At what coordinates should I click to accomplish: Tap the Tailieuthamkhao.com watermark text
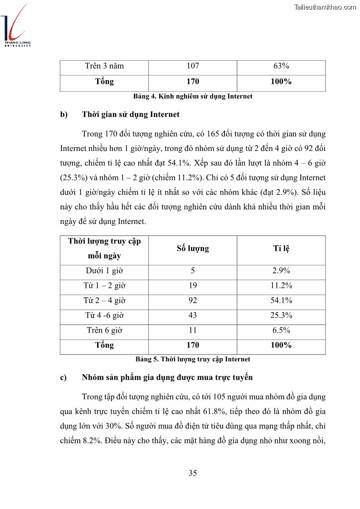[325, 7]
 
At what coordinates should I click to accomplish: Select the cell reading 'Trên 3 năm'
[104, 66]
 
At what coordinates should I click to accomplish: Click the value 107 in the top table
[193, 66]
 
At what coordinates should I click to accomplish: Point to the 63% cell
[281, 66]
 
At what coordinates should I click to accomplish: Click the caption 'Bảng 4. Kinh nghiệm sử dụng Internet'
[193, 96]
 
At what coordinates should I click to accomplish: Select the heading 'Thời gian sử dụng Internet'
[131, 114]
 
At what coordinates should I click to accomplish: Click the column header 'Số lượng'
[193, 248]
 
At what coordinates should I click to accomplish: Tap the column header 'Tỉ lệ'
[281, 248]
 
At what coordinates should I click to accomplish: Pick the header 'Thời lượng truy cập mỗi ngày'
[104, 248]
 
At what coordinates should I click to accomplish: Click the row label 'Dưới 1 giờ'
[104, 271]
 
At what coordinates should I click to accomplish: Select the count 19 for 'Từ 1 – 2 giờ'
[193, 286]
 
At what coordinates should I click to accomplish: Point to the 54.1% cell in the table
[281, 301]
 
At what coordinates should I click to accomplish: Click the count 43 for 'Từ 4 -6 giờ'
[193, 315]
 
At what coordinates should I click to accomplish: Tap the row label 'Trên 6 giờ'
[104, 330]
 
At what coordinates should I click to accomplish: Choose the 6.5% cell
[281, 330]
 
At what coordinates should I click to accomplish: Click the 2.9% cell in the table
[281, 271]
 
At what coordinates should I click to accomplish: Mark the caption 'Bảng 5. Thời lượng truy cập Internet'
[193, 359]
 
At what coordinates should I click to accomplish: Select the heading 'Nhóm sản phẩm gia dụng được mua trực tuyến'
[167, 377]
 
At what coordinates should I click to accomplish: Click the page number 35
[193, 473]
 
